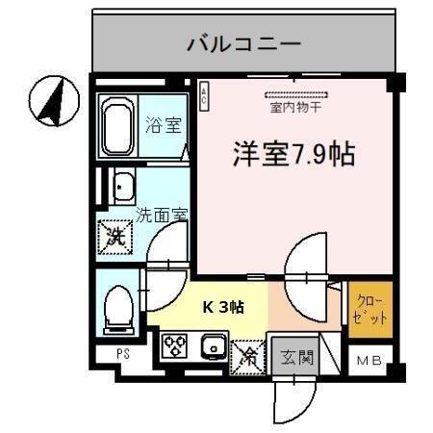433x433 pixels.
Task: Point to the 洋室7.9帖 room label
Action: click(x=292, y=154)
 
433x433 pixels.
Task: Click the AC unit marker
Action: click(x=204, y=93)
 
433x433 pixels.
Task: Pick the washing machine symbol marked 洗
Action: click(x=115, y=234)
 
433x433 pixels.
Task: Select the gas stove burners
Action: click(x=176, y=345)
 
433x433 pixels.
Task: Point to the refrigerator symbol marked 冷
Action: click(x=247, y=356)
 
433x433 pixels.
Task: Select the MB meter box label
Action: click(x=369, y=361)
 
